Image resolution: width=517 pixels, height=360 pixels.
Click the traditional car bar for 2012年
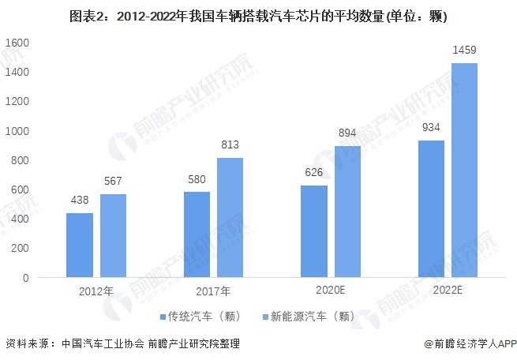click(x=80, y=246)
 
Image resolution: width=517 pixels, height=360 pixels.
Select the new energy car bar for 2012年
click(x=113, y=236)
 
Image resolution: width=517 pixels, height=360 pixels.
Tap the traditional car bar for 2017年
click(x=197, y=234)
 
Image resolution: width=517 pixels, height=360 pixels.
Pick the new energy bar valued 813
click(x=230, y=218)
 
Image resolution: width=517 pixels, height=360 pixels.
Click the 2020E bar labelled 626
click(x=314, y=231)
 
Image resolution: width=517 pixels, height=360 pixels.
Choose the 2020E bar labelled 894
click(x=347, y=212)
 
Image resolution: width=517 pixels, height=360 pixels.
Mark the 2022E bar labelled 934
click(x=431, y=208)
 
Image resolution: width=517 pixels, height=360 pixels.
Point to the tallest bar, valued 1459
click(x=464, y=171)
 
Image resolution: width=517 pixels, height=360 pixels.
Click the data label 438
click(x=80, y=201)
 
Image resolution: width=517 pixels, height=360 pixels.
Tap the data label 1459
click(x=464, y=51)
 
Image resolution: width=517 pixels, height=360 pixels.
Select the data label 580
click(x=197, y=179)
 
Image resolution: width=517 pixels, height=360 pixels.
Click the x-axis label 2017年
click(x=213, y=291)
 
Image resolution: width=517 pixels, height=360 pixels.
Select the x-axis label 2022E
click(x=448, y=291)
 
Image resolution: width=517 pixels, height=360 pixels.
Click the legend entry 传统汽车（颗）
click(x=198, y=317)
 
